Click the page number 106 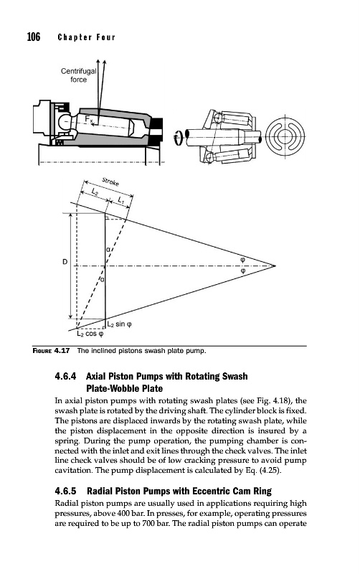coord(34,37)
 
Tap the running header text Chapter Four coord(86,37)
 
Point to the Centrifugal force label coord(78,75)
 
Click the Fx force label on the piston coord(89,119)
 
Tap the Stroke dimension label coord(110,182)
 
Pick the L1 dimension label coord(121,200)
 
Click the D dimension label coord(65,262)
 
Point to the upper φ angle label coord(242,259)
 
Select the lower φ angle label coord(242,271)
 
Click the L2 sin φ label coord(120,324)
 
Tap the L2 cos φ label coord(90,334)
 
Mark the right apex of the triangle coord(275,265)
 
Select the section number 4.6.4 coord(65,376)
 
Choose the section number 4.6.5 coord(65,491)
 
